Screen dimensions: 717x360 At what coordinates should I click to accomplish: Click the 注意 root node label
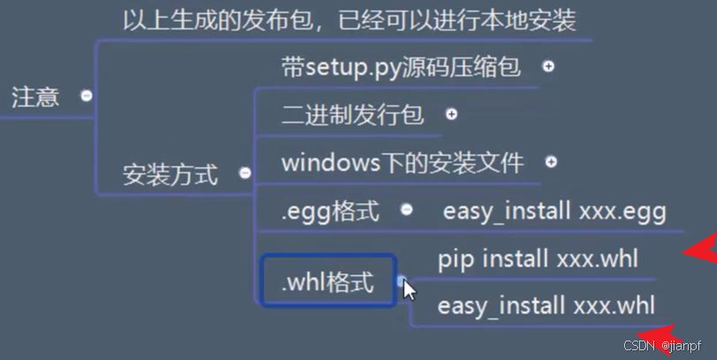(35, 96)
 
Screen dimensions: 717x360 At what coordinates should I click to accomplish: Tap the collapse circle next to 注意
(87, 96)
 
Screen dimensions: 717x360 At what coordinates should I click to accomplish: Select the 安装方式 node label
(170, 174)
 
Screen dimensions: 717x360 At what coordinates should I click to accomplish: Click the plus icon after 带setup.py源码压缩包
(548, 66)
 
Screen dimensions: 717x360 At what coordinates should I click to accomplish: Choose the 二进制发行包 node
(353, 115)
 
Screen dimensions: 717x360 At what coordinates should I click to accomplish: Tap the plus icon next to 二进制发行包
(452, 114)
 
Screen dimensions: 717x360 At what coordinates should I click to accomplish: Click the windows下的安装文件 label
(402, 163)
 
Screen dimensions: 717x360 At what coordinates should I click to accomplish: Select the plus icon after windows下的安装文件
(552, 162)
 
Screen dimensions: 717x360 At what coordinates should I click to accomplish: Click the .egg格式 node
(330, 211)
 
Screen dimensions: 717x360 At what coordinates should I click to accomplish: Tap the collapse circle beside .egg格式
(407, 210)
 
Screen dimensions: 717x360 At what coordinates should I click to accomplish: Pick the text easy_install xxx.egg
(553, 211)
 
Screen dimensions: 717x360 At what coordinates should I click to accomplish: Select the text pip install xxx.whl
(538, 259)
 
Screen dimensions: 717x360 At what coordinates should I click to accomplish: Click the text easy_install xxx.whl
(546, 306)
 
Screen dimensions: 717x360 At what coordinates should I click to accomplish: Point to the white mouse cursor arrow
(408, 288)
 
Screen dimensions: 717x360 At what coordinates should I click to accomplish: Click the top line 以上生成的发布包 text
(350, 19)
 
